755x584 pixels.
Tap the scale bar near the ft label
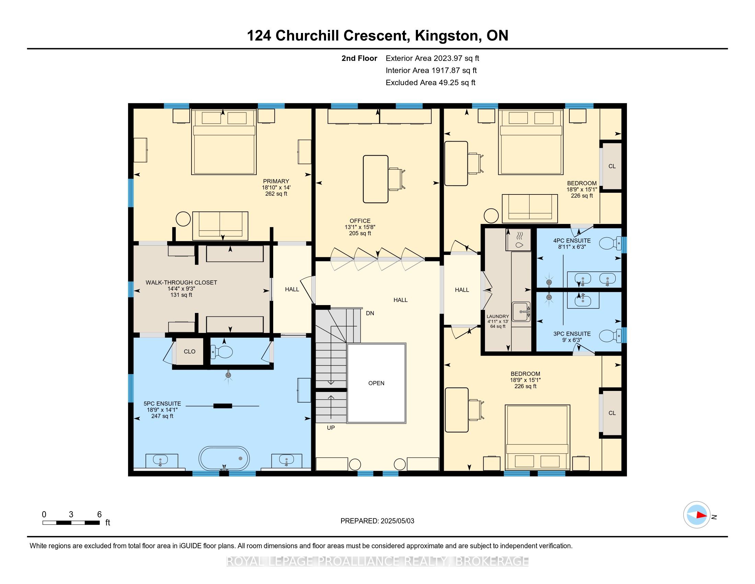(x=71, y=523)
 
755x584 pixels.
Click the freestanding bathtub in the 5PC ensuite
(x=224, y=458)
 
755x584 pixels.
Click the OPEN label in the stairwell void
(x=376, y=383)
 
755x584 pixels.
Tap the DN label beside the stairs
(x=370, y=313)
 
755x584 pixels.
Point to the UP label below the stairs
(x=331, y=428)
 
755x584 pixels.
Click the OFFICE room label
(x=360, y=221)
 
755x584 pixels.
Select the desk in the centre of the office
(x=375, y=179)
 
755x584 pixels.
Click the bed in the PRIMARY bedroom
(x=224, y=142)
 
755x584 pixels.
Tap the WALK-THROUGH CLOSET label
(x=181, y=282)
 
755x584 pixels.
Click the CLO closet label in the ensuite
(x=189, y=351)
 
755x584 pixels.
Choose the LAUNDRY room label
(x=498, y=316)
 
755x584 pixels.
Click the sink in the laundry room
(x=521, y=311)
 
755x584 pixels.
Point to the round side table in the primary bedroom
(x=183, y=218)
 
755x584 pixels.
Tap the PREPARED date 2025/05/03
(x=397, y=521)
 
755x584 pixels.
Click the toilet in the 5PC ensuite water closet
(x=222, y=352)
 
